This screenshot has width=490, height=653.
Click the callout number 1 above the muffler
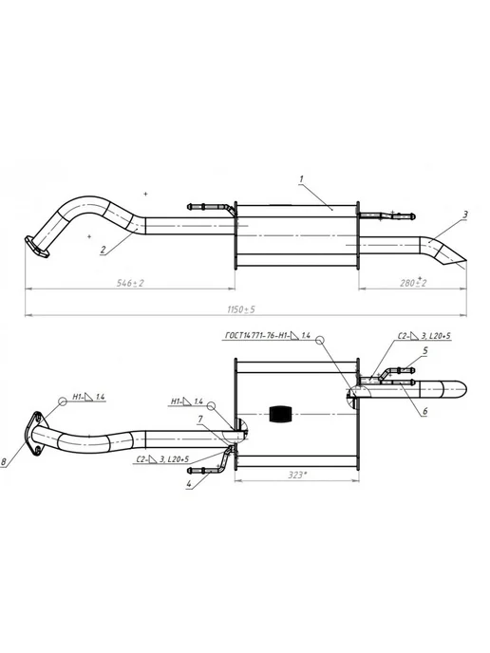click(x=301, y=179)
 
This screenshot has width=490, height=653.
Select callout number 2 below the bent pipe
click(x=103, y=250)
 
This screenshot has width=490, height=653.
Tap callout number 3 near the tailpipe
click(x=465, y=215)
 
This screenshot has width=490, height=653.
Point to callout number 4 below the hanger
click(x=189, y=484)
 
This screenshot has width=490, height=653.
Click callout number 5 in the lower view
click(x=425, y=350)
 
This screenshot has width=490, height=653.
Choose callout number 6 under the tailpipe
click(x=425, y=411)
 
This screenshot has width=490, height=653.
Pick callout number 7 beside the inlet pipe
click(x=200, y=419)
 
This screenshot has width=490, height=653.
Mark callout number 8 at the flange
click(x=4, y=461)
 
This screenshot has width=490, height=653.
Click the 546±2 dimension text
click(x=130, y=283)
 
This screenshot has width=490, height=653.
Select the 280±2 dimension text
click(x=413, y=282)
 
